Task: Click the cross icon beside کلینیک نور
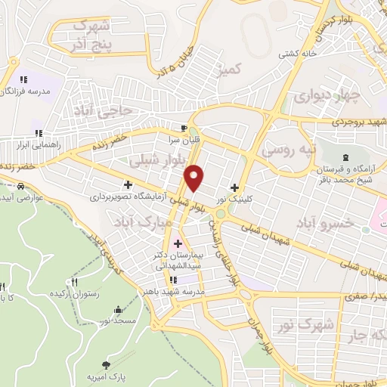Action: [235, 187]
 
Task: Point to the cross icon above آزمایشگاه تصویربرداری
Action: [128, 184]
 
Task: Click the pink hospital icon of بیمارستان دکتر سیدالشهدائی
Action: [178, 243]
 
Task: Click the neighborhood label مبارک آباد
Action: [137, 222]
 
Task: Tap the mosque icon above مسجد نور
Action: [119, 309]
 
